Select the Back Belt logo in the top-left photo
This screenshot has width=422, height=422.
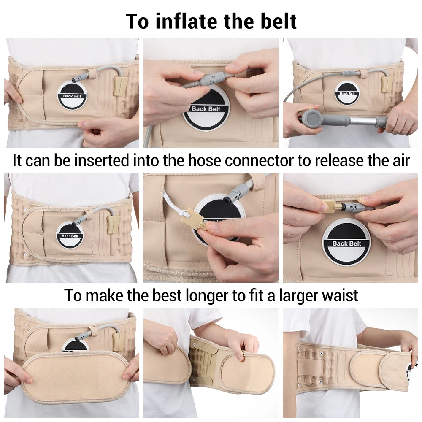(x=72, y=96)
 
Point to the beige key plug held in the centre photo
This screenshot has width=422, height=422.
(x=194, y=218)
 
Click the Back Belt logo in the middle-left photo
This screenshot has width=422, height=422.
(x=70, y=235)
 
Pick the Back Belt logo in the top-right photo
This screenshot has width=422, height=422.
(x=347, y=93)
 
